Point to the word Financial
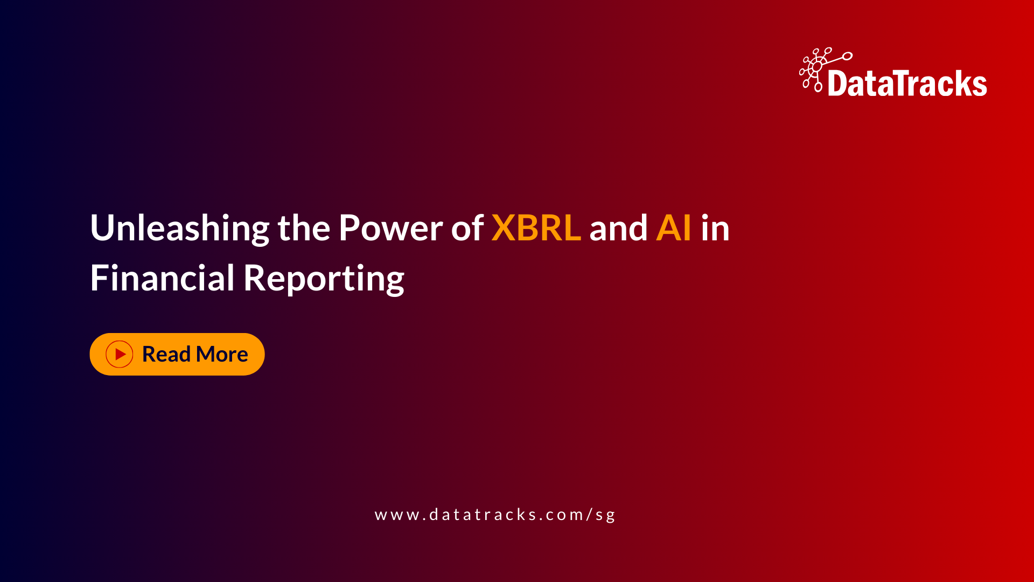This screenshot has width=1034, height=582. [x=162, y=279]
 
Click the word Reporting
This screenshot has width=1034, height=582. [x=323, y=279]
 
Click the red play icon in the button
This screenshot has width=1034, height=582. [x=120, y=355]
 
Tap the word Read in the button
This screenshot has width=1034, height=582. [x=166, y=355]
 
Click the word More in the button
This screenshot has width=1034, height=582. [x=222, y=355]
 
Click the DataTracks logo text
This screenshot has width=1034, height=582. [x=907, y=84]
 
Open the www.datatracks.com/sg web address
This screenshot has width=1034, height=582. [x=494, y=515]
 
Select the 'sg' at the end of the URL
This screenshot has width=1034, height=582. [x=605, y=515]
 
